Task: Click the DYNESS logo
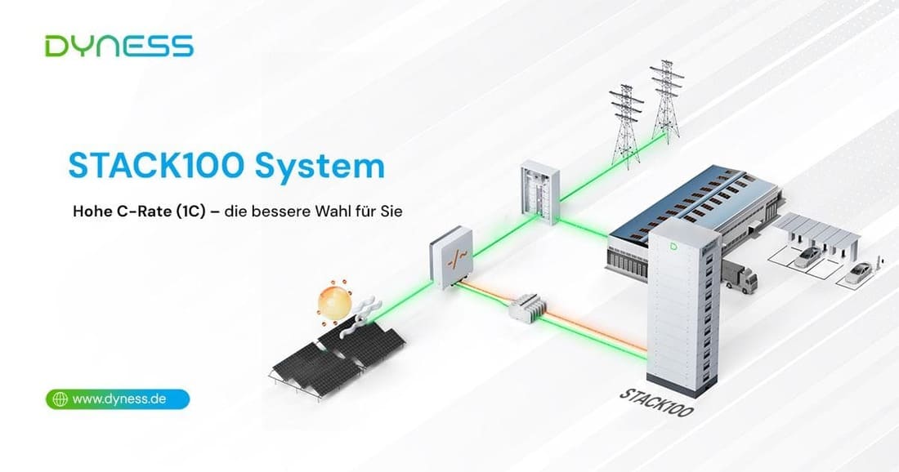(119, 46)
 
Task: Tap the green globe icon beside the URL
(59, 399)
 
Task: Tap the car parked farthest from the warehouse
(861, 273)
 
